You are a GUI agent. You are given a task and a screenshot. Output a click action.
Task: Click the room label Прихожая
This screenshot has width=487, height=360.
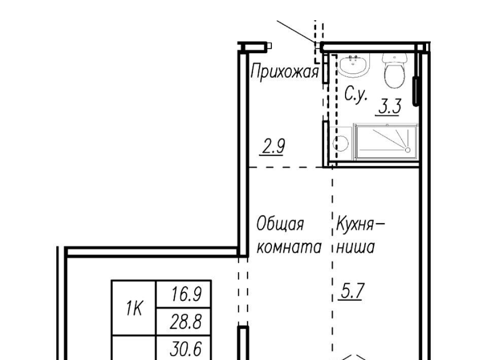pyautogui.click(x=285, y=72)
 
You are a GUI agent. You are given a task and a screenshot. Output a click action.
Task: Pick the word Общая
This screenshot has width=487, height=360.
pyautogui.click(x=280, y=224)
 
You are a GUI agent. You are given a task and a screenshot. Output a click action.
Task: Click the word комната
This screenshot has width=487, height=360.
pyautogui.click(x=289, y=247)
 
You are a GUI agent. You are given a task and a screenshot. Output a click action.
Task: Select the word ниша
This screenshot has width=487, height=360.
pyautogui.click(x=356, y=247)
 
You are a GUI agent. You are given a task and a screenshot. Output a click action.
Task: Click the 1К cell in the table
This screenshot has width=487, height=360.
pyautogui.click(x=134, y=308)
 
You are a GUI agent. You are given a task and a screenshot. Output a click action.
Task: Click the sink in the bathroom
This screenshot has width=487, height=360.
pyautogui.click(x=354, y=65)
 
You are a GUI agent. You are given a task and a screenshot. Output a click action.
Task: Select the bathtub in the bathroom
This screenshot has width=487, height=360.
pyautogui.click(x=386, y=142)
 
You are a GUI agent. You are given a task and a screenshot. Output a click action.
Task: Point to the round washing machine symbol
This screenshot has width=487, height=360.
pyautogui.click(x=341, y=143)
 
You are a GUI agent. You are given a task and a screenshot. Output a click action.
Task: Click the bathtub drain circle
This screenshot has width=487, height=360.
pyautogui.click(x=408, y=150)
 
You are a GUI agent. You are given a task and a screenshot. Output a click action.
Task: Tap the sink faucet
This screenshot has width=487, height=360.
pyautogui.click(x=354, y=58)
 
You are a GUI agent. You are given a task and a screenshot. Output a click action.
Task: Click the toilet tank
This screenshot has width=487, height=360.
pyautogui.click(x=395, y=58)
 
